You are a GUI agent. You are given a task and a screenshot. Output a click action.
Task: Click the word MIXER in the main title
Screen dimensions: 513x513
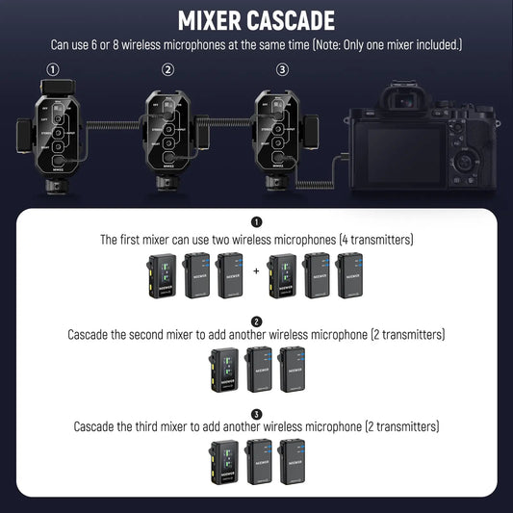point(215,20)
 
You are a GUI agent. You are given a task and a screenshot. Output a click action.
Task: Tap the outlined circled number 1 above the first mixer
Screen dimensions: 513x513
point(53,69)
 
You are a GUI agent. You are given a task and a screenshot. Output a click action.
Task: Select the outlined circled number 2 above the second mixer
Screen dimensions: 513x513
point(168,69)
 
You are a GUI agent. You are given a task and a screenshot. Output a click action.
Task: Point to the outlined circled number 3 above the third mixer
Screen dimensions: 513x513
point(282,69)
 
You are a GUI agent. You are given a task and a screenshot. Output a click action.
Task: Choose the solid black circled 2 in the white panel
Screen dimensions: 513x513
point(256,321)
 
